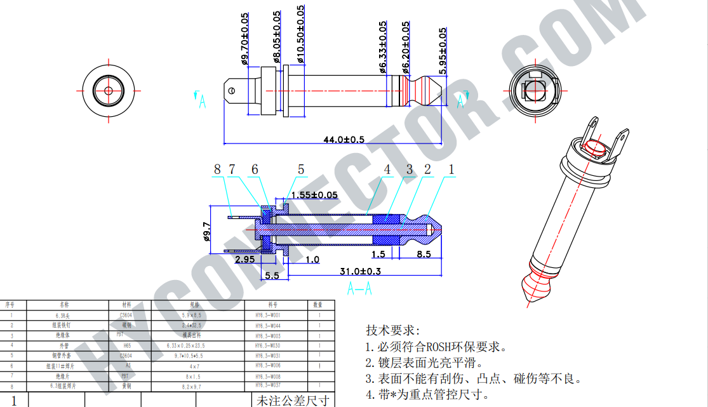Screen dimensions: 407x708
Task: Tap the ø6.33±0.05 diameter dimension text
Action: [383, 47]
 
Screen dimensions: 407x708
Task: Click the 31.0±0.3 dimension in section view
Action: [360, 271]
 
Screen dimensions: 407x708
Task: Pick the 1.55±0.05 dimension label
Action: [314, 195]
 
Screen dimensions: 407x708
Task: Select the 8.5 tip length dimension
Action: [424, 254]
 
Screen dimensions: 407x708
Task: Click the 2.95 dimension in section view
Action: [245, 260]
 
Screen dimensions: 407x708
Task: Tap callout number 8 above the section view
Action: [217, 170]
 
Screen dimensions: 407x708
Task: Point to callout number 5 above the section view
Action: [301, 170]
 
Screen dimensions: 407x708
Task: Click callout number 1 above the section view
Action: [451, 170]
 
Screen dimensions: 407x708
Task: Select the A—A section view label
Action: [359, 290]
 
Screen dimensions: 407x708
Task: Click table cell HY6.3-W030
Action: [267, 345]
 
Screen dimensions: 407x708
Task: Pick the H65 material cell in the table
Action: [127, 345]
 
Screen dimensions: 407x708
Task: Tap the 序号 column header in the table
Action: [10, 305]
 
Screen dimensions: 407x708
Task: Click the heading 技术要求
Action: [392, 331]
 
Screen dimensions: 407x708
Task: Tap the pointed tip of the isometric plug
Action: [528, 304]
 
